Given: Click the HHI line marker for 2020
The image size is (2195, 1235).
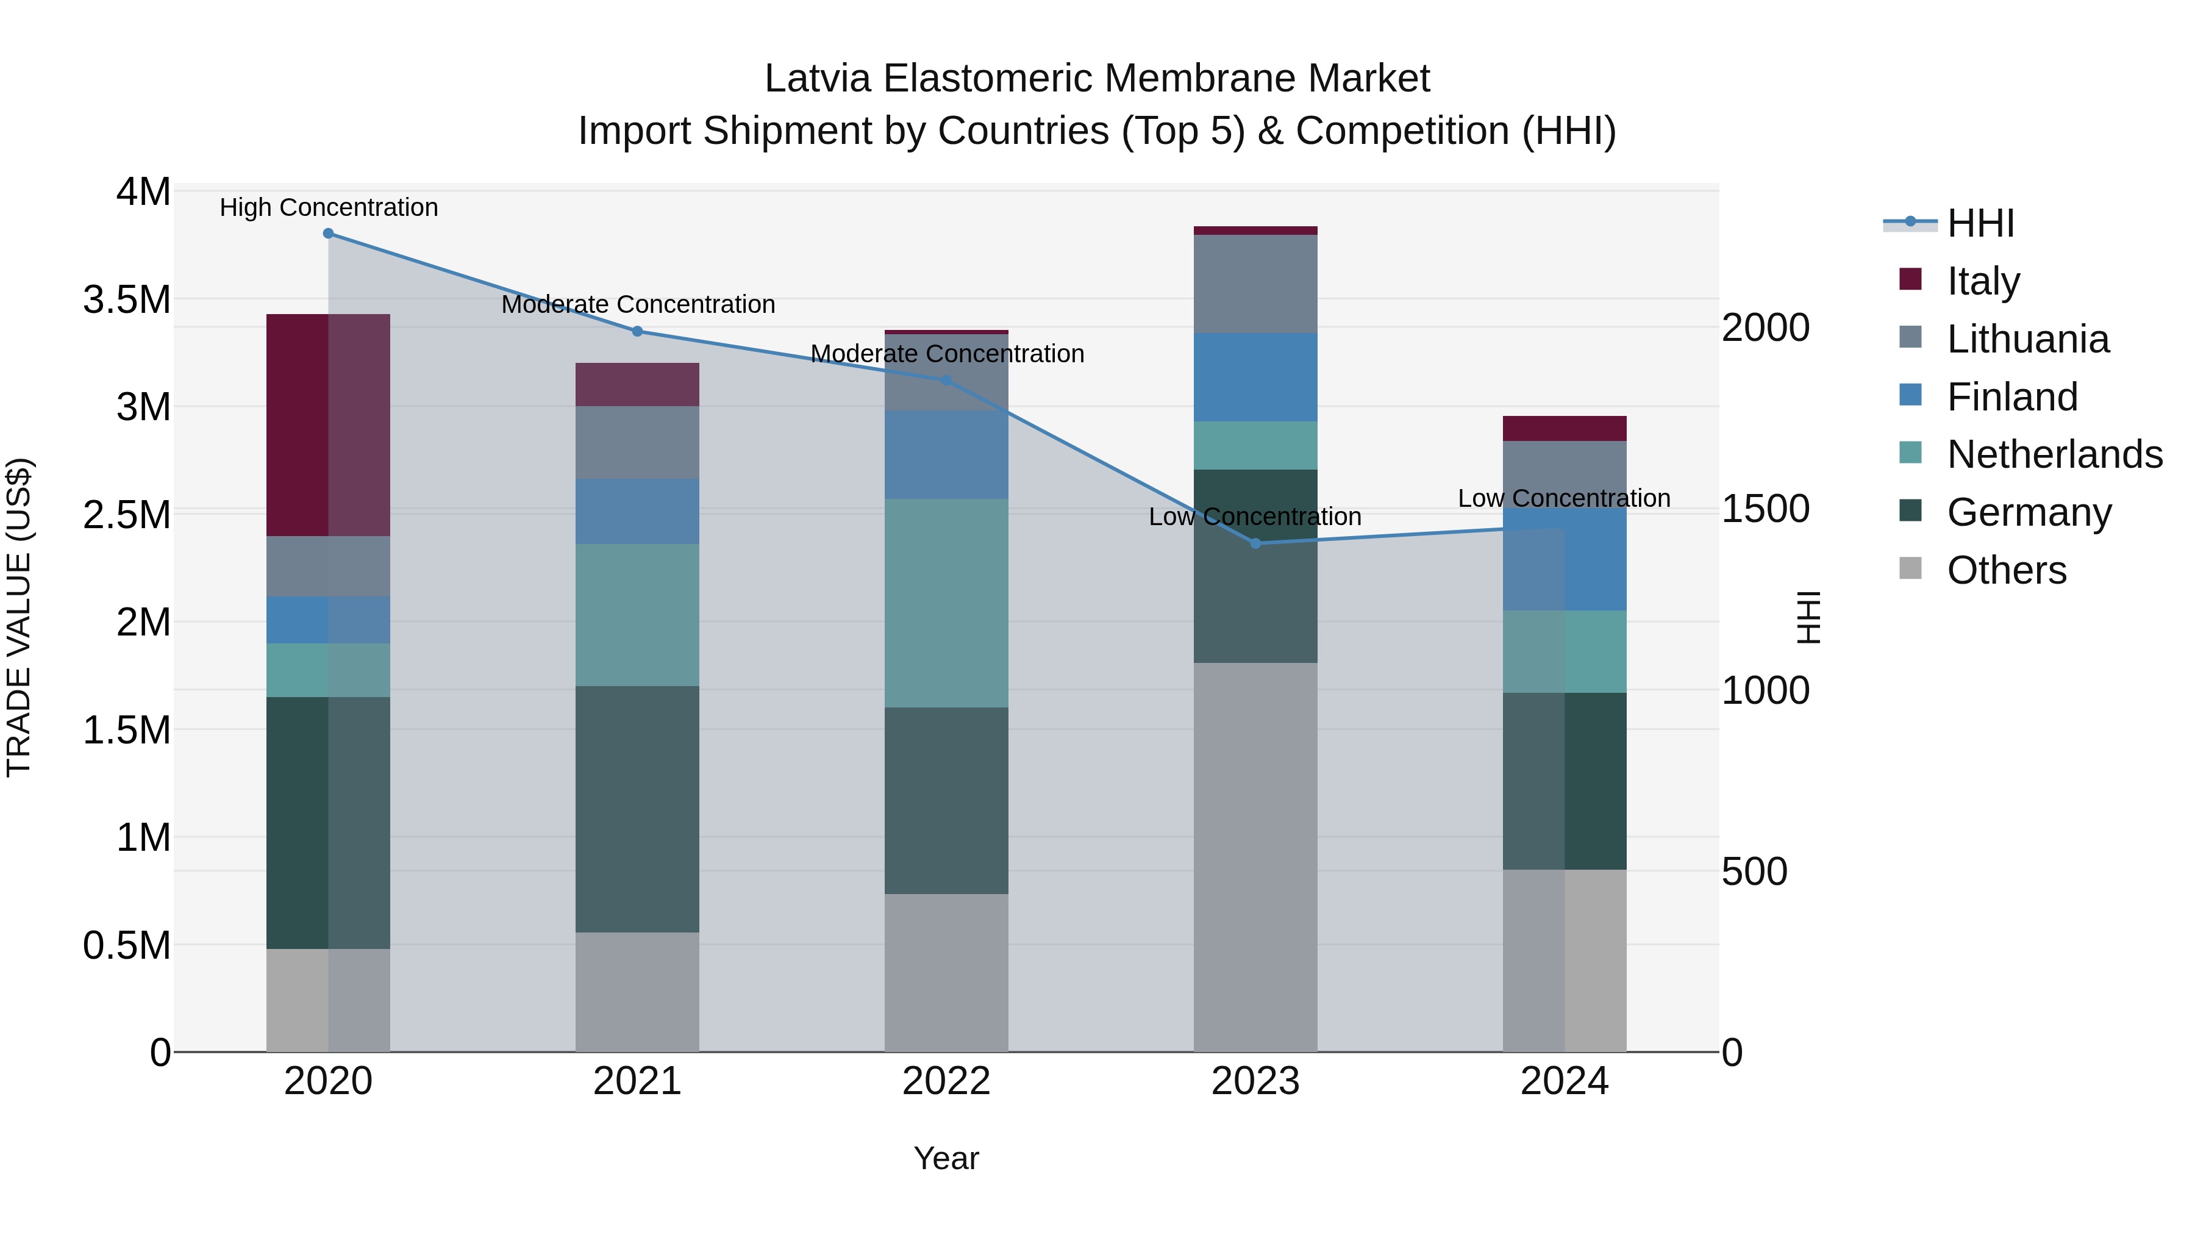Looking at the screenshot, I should click(328, 234).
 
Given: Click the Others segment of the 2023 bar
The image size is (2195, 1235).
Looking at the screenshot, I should click(1255, 857).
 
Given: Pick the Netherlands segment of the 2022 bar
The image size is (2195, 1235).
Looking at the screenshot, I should click(946, 603).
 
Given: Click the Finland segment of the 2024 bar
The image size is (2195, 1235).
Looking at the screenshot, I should click(1565, 559).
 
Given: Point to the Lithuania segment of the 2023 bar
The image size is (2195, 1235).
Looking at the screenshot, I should click(1255, 284).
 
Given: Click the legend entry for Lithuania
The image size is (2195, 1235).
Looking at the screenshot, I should click(2027, 339).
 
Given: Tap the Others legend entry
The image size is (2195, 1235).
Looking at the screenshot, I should click(2006, 570).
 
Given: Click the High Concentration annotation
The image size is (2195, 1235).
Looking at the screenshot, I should click(329, 208).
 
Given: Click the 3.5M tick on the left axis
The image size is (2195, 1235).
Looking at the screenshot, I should click(126, 300).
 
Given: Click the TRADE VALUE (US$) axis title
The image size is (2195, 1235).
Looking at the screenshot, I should click(19, 617).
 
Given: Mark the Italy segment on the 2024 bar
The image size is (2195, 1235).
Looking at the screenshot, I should click(1565, 429).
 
